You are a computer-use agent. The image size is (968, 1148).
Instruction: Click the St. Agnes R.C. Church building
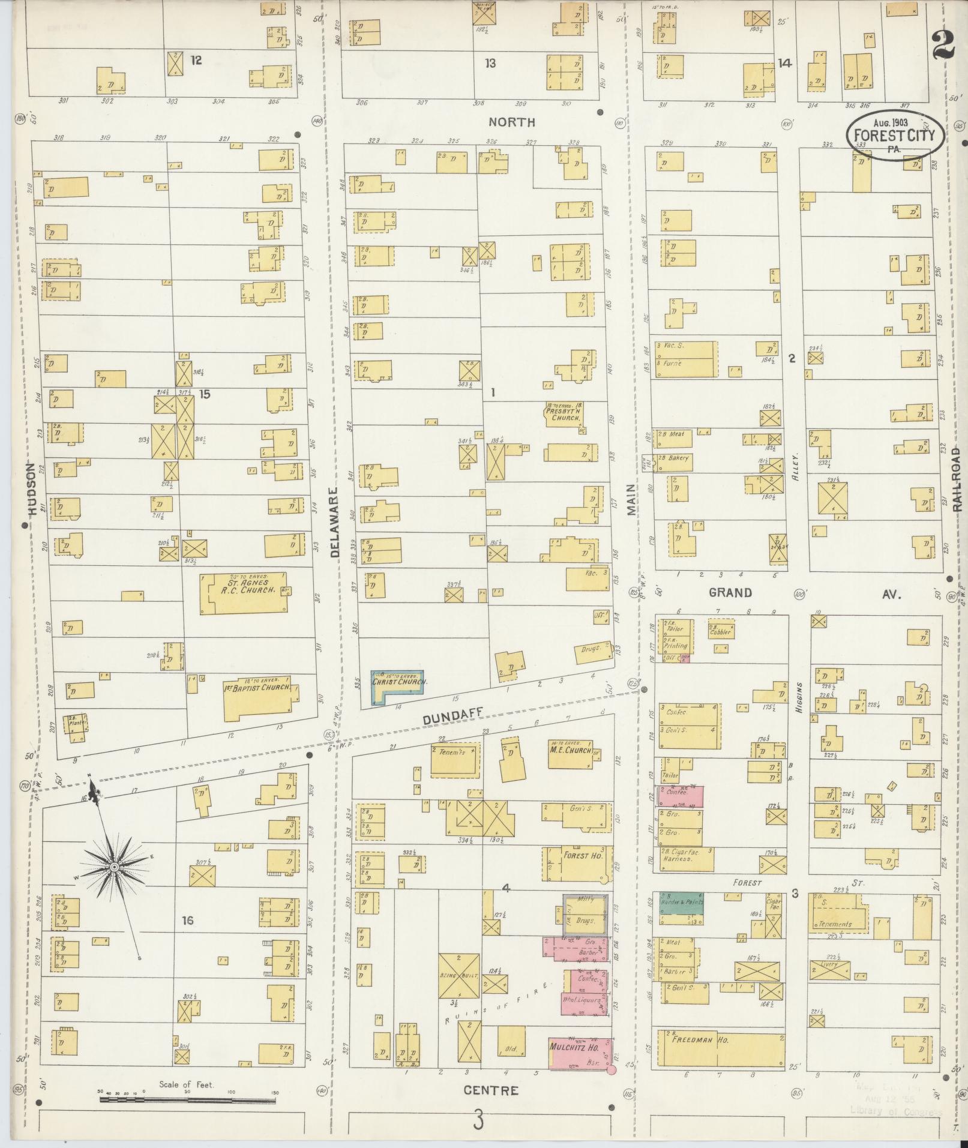tap(243, 592)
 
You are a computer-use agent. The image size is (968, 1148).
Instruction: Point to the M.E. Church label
tap(570, 750)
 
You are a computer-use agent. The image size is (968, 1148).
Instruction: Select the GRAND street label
tap(730, 593)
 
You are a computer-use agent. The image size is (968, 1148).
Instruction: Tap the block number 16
tap(188, 920)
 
